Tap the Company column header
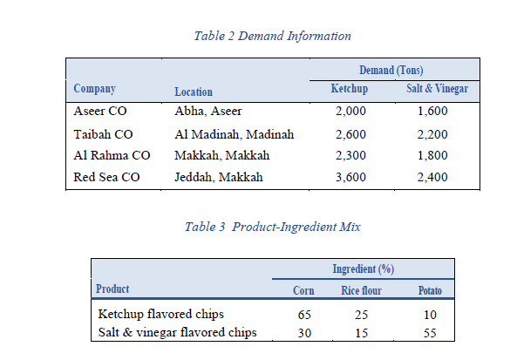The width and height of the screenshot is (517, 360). pos(94,89)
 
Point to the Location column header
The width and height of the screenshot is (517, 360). pos(194,91)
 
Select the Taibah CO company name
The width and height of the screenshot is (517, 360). pos(104,134)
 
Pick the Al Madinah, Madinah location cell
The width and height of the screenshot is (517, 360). pos(235,134)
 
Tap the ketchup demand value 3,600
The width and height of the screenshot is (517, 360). pos(351,178)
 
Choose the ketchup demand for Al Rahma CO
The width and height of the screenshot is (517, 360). pos(351,155)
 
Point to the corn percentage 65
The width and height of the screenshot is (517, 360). pos(304,313)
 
